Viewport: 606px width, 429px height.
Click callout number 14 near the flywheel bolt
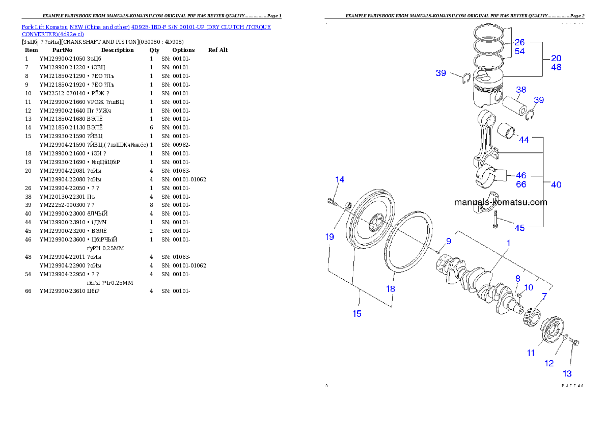[x=339, y=179]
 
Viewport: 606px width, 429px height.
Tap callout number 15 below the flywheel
[x=357, y=313]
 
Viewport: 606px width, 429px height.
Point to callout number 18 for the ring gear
[x=390, y=289]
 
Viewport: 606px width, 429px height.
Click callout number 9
[x=449, y=241]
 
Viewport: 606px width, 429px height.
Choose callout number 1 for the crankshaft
[x=508, y=244]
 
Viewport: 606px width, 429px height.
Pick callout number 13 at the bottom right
[x=567, y=373]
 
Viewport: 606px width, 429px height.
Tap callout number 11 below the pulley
[x=531, y=353]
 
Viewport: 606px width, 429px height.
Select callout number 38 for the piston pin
[x=520, y=91]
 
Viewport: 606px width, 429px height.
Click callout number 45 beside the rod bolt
[x=519, y=228]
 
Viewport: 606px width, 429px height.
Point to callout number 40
[x=556, y=184]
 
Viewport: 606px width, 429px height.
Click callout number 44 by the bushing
[x=524, y=139]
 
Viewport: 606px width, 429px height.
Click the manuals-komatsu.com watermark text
[x=501, y=202]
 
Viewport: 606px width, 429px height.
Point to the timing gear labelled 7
[x=531, y=316]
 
